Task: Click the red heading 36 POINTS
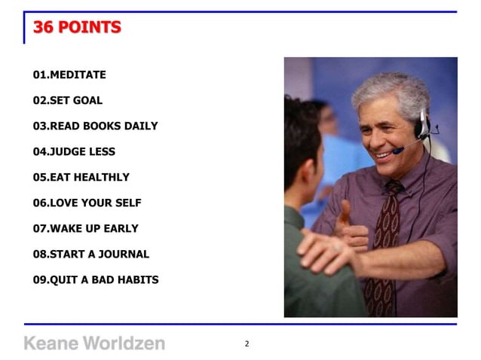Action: [x=77, y=28]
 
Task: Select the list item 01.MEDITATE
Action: [x=69, y=75]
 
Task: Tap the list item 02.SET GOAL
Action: [x=68, y=100]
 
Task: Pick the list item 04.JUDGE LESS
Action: [x=74, y=151]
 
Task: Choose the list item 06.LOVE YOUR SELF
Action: [x=87, y=203]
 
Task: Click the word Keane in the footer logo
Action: [x=50, y=343]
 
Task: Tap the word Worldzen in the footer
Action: [x=123, y=343]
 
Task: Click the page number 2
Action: [x=247, y=344]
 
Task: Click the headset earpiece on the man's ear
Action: [x=423, y=124]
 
